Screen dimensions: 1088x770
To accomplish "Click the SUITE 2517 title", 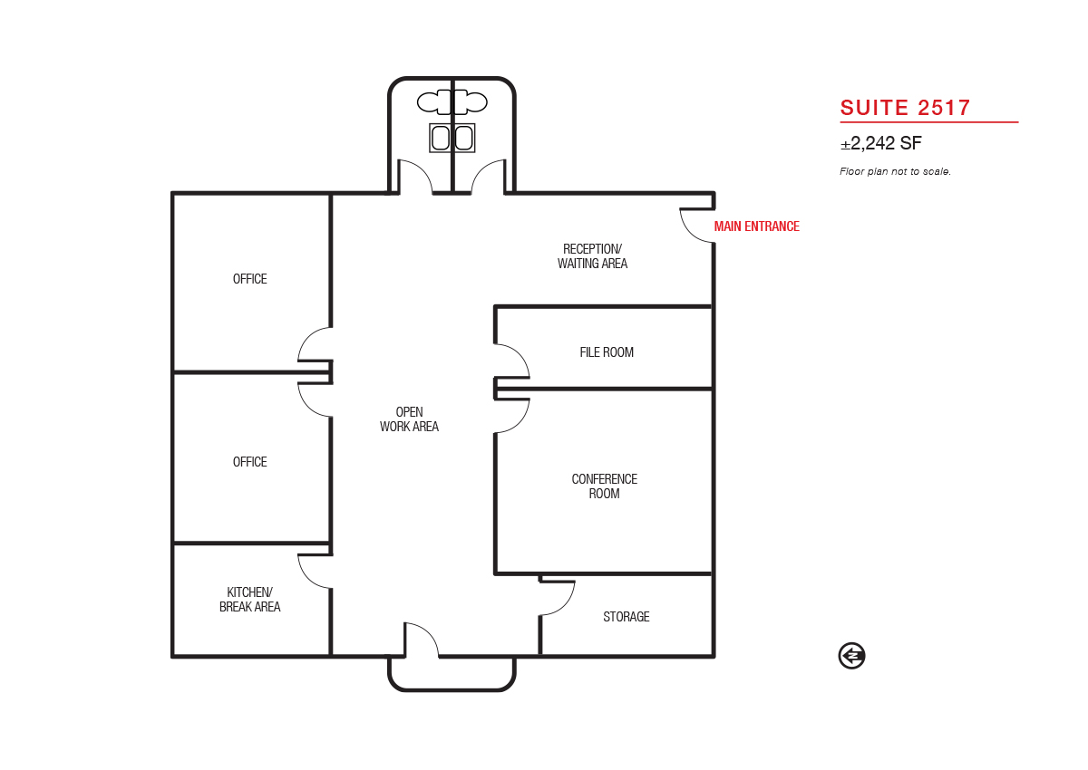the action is click(x=905, y=108).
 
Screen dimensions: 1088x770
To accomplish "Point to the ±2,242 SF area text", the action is click(x=880, y=143).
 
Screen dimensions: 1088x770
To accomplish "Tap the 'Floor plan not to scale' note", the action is click(x=895, y=171).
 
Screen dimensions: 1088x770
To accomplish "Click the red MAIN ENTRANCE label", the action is click(x=756, y=226).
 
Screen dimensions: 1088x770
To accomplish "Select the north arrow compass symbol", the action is click(x=851, y=656).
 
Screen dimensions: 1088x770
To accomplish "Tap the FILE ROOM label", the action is click(x=607, y=351).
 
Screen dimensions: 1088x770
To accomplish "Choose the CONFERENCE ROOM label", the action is click(x=604, y=486).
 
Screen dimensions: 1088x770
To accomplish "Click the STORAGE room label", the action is click(x=627, y=616).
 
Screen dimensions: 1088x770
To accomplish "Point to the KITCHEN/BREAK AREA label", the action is click(x=249, y=599).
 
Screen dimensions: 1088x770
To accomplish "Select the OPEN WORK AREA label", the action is click(x=409, y=419).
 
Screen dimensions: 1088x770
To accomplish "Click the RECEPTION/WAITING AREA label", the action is click(x=592, y=256).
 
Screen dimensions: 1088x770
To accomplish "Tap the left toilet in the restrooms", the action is click(x=433, y=102).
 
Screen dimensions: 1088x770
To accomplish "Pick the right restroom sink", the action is click(x=464, y=138).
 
